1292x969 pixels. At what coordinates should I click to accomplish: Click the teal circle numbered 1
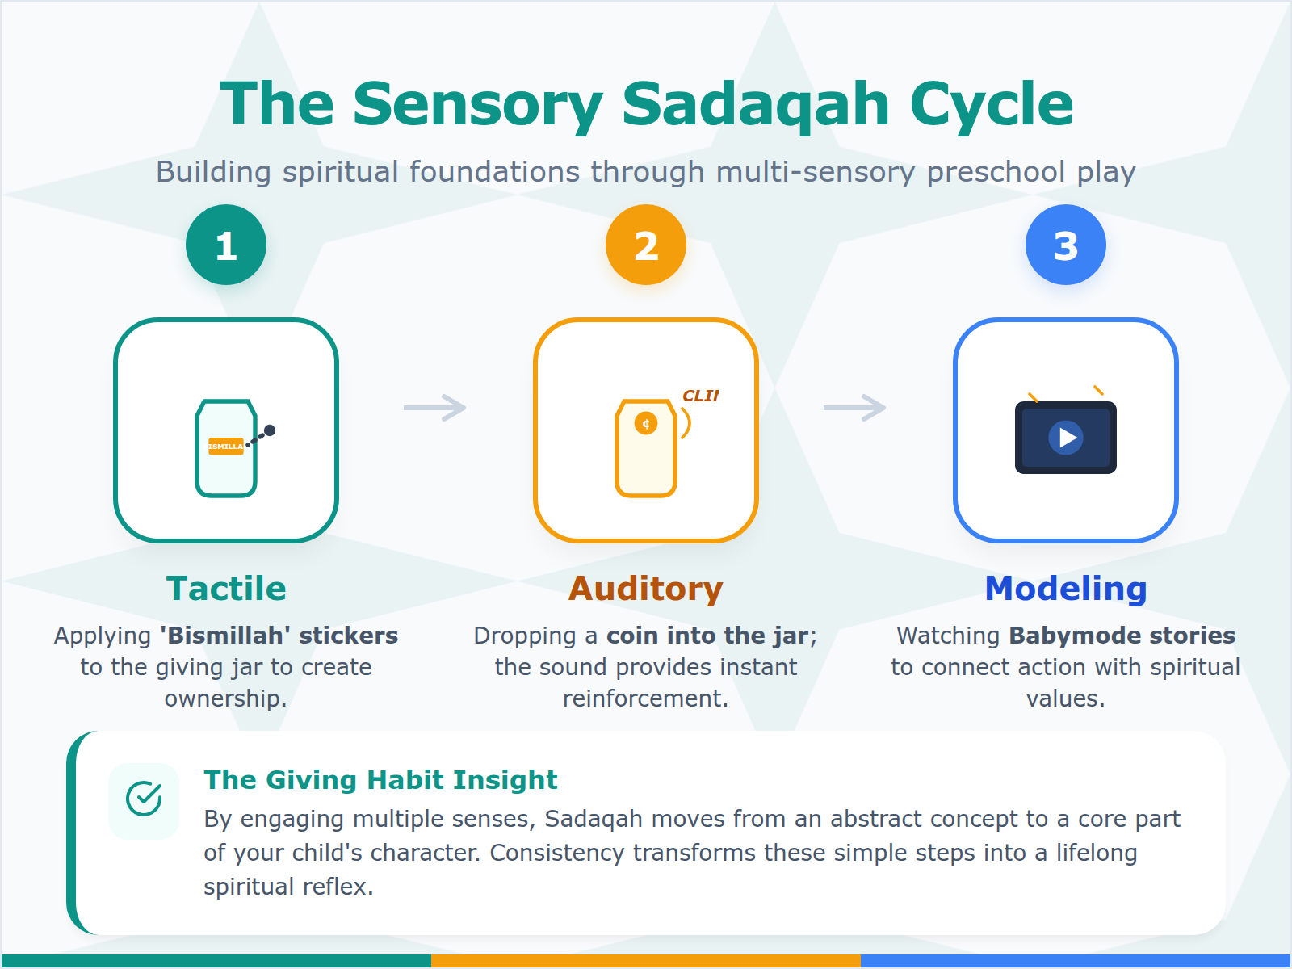(x=226, y=245)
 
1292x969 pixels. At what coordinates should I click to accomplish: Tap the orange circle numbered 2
(x=646, y=245)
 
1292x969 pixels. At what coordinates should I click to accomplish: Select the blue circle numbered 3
(x=1065, y=245)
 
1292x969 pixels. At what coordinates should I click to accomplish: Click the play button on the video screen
(x=1066, y=438)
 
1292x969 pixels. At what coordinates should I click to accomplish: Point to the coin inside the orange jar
(x=646, y=424)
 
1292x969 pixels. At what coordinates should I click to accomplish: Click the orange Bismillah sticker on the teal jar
(x=226, y=447)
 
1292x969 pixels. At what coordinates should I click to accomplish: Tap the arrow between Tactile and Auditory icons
(x=435, y=408)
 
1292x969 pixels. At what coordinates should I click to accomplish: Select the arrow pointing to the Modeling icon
(x=854, y=408)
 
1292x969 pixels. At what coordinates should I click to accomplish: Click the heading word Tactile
(x=226, y=589)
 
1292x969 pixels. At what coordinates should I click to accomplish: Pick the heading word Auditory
(x=646, y=589)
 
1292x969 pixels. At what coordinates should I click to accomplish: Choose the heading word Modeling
(x=1066, y=589)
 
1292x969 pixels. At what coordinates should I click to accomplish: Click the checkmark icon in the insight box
(x=144, y=799)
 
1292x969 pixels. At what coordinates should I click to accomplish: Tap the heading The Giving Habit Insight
(x=380, y=780)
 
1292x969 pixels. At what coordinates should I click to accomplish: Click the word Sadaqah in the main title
(x=754, y=105)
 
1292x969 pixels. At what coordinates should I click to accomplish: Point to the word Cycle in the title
(x=992, y=105)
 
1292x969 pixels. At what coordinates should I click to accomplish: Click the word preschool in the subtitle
(x=996, y=172)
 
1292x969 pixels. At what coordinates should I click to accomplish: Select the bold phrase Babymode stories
(x=1122, y=636)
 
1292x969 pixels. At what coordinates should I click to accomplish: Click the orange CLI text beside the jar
(x=700, y=396)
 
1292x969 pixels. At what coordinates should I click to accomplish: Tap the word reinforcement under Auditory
(x=646, y=698)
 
